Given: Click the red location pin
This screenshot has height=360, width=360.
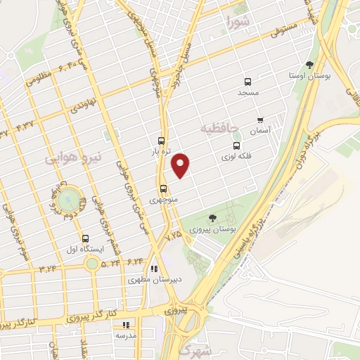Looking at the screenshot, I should [x=181, y=165].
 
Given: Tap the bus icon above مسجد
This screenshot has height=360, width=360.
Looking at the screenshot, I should [x=247, y=82].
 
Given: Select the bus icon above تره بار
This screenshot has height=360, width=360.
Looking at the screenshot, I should [x=162, y=140].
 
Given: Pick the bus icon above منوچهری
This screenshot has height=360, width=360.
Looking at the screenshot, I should [x=163, y=188].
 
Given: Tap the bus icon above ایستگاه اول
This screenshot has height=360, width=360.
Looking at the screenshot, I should [x=86, y=238].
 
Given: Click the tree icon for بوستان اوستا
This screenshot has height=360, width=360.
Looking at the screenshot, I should [x=309, y=65].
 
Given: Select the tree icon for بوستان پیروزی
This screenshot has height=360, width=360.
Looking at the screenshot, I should [x=213, y=219].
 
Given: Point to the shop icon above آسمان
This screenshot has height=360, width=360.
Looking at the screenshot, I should [x=260, y=120].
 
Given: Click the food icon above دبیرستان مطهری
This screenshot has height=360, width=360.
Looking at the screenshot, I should [x=153, y=269].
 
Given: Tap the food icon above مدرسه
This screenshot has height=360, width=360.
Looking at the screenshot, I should [x=127, y=325].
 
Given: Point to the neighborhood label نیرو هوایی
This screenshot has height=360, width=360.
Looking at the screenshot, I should [x=74, y=159].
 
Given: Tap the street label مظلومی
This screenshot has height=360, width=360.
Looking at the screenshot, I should [x=40, y=77].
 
